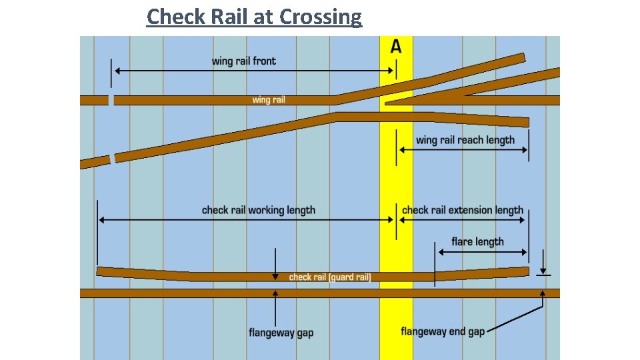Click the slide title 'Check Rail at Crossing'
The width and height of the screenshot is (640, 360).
click(254, 16)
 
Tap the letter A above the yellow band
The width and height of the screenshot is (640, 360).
click(396, 47)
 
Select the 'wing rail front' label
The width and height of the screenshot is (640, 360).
click(243, 61)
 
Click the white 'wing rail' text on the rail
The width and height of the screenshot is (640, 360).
click(269, 100)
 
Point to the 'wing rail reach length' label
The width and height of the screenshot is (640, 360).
click(465, 140)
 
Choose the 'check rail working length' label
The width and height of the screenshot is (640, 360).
click(259, 210)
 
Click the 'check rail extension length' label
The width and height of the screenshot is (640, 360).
click(463, 210)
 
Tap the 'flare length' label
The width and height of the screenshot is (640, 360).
click(477, 241)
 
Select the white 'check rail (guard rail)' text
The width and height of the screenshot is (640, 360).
click(329, 277)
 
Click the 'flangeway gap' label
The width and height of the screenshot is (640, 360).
click(281, 332)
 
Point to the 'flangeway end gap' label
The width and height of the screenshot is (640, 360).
click(443, 331)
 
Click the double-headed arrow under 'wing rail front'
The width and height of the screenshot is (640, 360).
click(253, 70)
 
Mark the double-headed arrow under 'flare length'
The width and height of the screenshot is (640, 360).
click(482, 252)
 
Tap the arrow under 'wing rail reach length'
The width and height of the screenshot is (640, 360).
click(463, 150)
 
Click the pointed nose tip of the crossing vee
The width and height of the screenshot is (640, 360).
click(387, 103)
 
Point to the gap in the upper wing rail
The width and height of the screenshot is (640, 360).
click(111, 100)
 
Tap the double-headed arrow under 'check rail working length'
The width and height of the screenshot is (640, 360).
click(246, 220)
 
